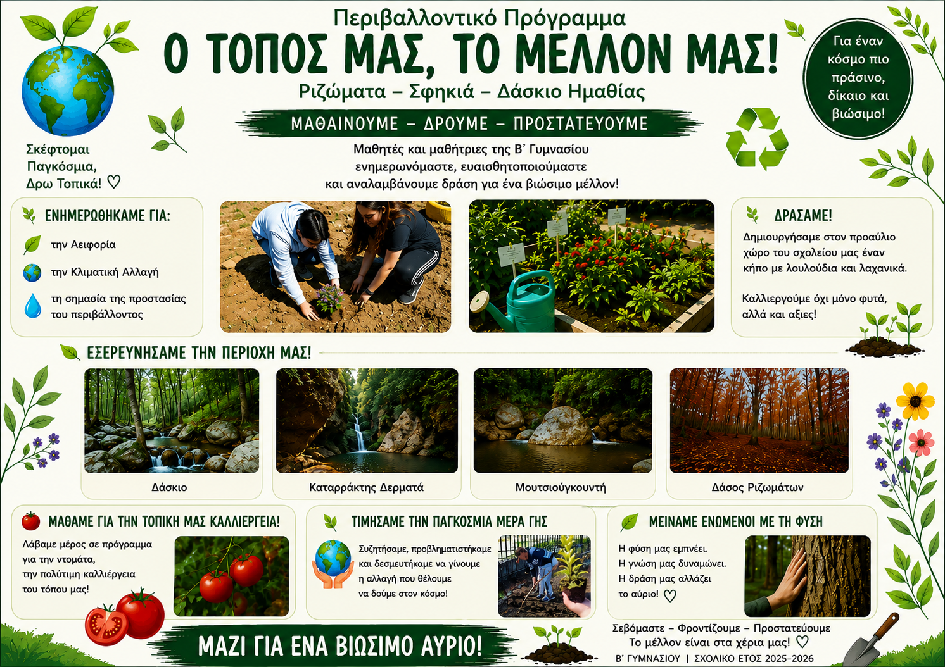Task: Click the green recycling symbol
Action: [x=757, y=139]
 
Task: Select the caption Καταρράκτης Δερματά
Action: [x=366, y=487]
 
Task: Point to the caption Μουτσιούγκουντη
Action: [x=561, y=487]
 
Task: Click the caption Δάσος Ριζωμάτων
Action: [x=758, y=487]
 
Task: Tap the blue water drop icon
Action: [x=33, y=306]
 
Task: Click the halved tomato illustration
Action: [x=106, y=625]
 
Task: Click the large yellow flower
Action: [x=915, y=401]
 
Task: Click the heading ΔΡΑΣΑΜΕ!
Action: [x=803, y=215]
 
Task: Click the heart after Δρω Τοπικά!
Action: [x=113, y=182]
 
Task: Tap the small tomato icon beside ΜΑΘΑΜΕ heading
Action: [x=30, y=521]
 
